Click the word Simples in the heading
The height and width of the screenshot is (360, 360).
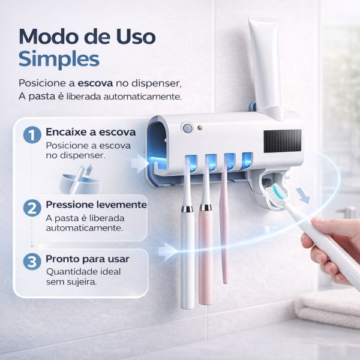59,59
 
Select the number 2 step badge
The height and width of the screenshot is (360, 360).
31,208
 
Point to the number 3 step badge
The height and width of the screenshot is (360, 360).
31,262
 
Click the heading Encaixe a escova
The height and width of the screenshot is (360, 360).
91,132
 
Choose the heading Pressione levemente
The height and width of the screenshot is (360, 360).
96,205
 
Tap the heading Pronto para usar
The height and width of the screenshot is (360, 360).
88,259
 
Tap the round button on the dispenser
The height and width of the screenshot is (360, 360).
188,128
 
